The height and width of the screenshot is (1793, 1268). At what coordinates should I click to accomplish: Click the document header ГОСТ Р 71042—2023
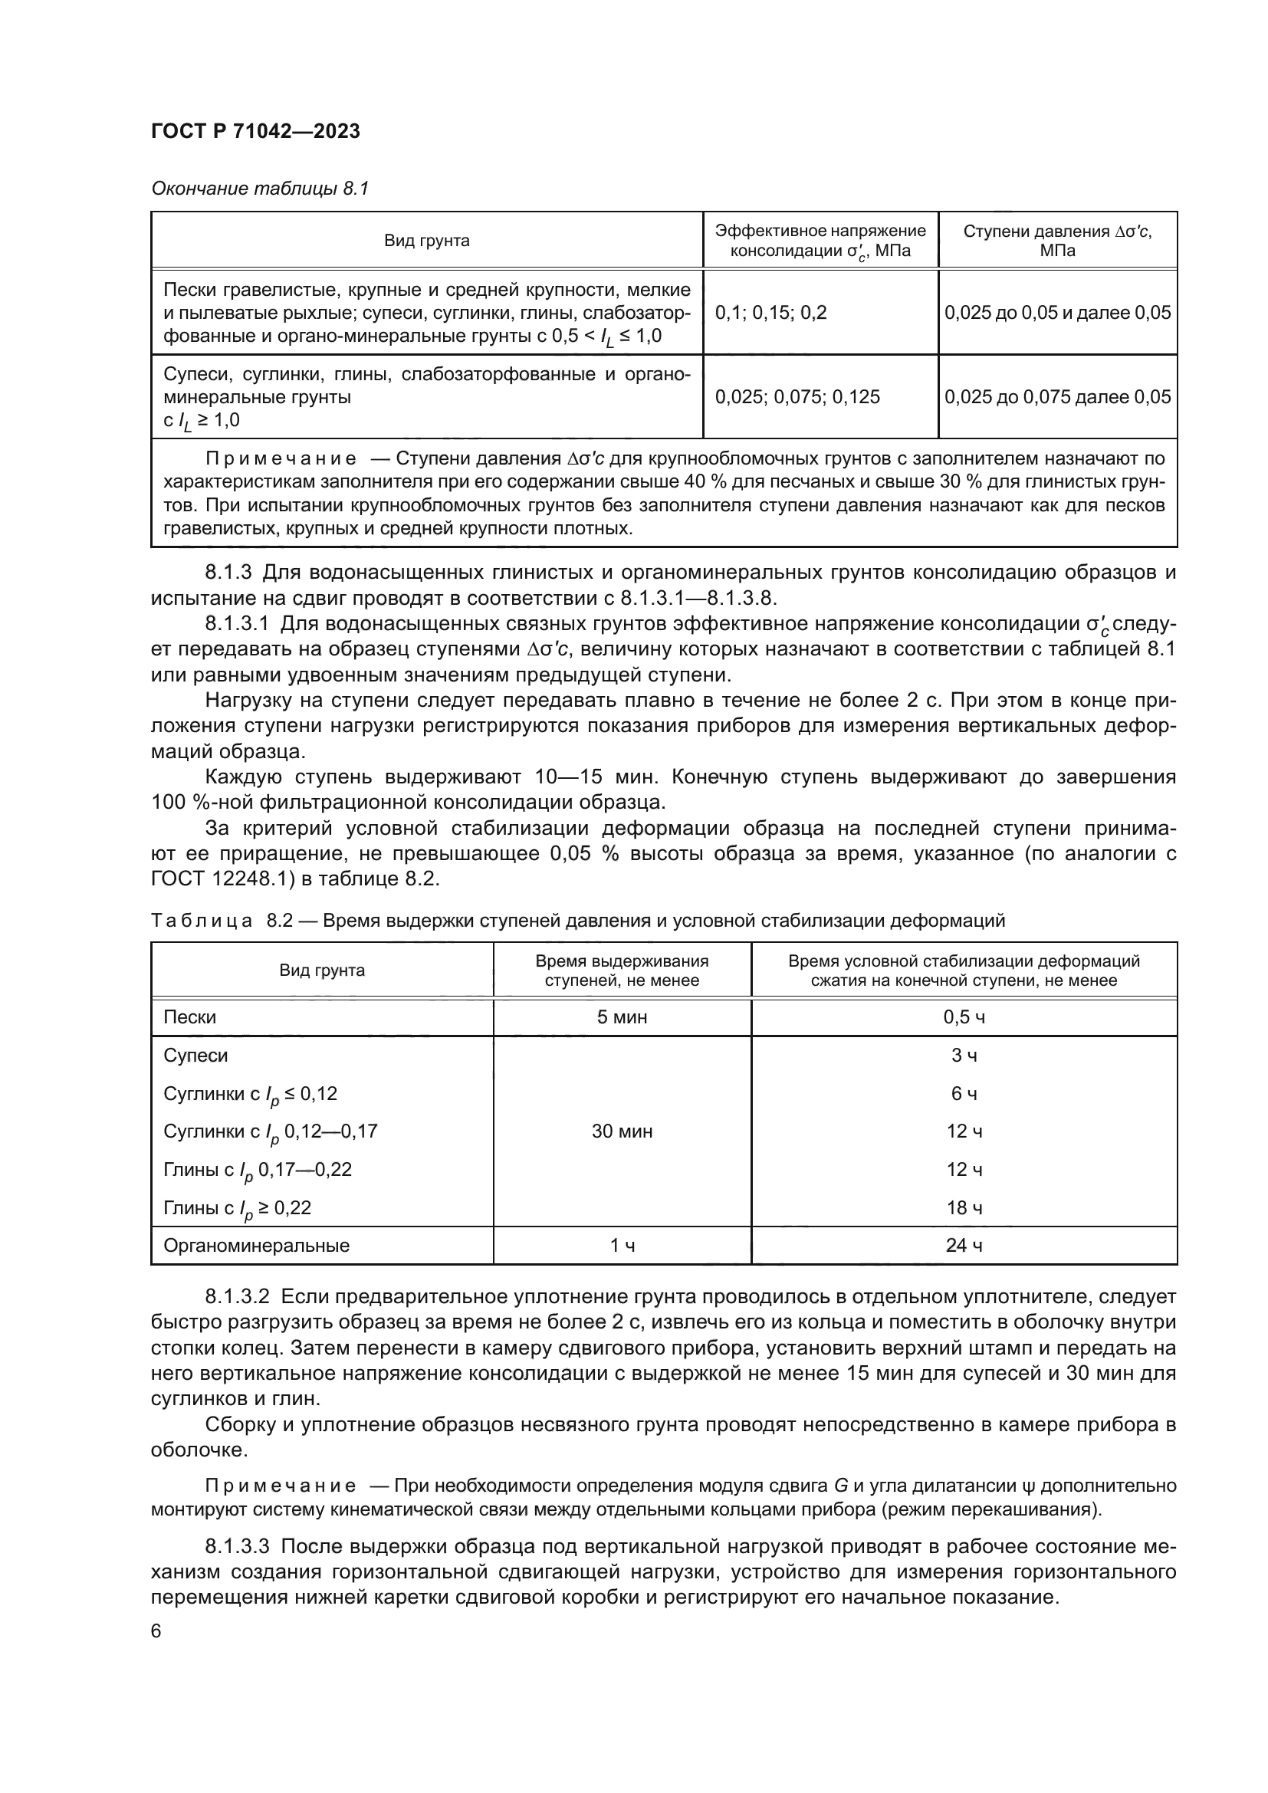click(x=255, y=131)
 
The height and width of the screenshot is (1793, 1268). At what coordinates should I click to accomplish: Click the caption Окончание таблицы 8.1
click(x=259, y=189)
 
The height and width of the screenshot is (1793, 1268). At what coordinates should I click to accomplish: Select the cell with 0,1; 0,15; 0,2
click(x=770, y=314)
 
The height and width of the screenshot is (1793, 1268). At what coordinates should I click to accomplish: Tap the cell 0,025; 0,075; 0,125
click(x=797, y=397)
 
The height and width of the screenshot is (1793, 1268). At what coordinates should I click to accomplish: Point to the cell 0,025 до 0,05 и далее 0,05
click(x=1057, y=314)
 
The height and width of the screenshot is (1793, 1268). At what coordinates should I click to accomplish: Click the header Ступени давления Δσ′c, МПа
click(x=1057, y=241)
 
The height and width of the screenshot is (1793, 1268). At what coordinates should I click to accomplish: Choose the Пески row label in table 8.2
click(x=189, y=1016)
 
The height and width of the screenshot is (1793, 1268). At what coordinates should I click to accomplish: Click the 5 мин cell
click(x=622, y=1016)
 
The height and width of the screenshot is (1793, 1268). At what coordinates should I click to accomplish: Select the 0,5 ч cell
click(x=964, y=1016)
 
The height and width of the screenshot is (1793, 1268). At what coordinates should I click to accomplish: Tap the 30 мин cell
click(x=622, y=1131)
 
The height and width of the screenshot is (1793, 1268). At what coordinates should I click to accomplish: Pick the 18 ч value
click(x=964, y=1208)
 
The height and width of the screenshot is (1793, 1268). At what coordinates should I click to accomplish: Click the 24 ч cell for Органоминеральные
click(x=964, y=1246)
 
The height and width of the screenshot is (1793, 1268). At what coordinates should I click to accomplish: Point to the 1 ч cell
click(x=622, y=1246)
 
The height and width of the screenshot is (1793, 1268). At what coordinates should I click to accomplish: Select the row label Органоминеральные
click(x=256, y=1246)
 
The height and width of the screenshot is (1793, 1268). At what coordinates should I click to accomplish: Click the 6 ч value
click(x=964, y=1093)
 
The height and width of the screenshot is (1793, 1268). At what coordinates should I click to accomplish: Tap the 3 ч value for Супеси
click(x=964, y=1055)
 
